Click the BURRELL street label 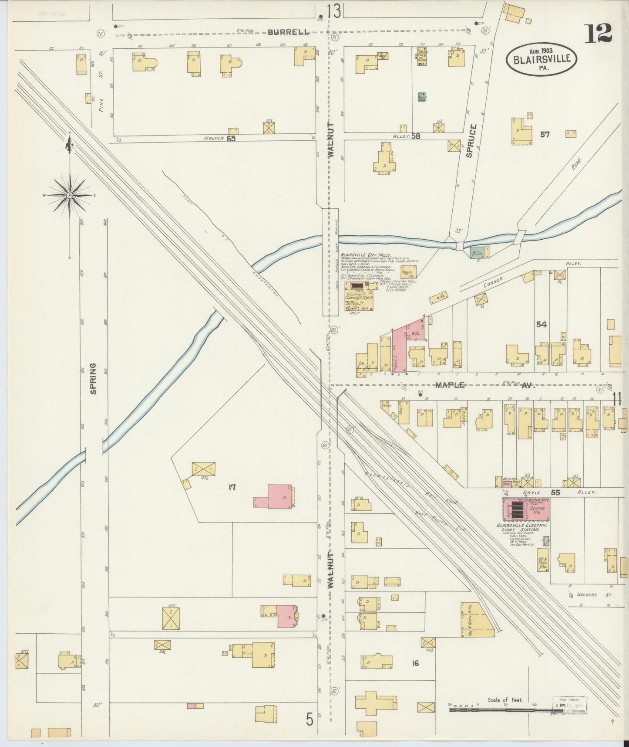click(x=288, y=32)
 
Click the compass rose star click(x=70, y=196)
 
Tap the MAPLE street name click(x=451, y=385)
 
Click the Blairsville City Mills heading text click(x=365, y=255)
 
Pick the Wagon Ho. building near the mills click(x=408, y=272)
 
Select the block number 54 click(x=541, y=324)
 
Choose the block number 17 click(x=232, y=487)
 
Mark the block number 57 click(x=545, y=135)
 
